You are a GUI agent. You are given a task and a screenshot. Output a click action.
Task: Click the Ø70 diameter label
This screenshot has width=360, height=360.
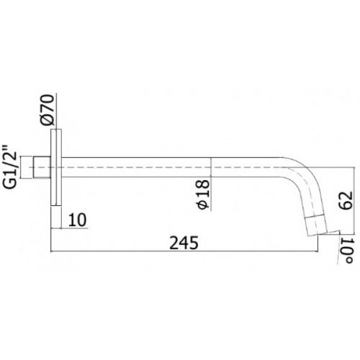tap(47, 110)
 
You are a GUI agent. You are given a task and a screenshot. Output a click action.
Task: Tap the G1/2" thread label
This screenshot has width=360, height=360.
tap(10, 167)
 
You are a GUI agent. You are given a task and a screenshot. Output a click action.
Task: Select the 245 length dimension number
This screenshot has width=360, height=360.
tap(184, 243)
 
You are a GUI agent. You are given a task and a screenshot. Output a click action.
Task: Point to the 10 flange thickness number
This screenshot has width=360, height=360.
tap(77, 220)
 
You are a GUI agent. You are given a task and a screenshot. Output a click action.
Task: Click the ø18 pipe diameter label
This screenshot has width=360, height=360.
tap(203, 194)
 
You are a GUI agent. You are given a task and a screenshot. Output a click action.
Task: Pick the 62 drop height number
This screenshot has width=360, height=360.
tap(346, 200)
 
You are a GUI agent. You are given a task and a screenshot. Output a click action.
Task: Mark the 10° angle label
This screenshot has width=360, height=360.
tap(346, 251)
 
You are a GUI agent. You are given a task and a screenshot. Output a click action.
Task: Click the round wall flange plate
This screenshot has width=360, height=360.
tap(56, 167)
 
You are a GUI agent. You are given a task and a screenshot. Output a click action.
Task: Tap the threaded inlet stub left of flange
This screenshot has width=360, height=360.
tap(42, 167)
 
